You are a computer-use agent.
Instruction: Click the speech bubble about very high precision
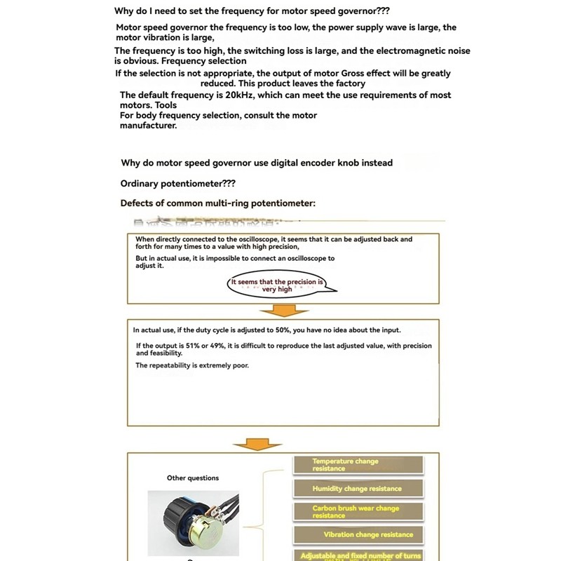point(280,285)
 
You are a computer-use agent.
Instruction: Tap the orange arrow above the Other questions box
point(258,444)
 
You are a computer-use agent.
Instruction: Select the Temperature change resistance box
point(358,465)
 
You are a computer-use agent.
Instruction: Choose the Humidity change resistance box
point(358,489)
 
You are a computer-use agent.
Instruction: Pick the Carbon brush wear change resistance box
point(358,512)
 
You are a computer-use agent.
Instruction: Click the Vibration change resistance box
point(358,535)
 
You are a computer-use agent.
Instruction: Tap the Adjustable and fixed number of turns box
point(358,555)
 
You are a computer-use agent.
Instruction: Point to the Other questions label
point(193,478)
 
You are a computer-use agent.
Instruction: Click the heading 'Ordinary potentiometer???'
point(178,183)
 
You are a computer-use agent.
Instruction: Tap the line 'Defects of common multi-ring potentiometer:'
point(218,203)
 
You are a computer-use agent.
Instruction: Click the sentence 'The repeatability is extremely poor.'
point(192,365)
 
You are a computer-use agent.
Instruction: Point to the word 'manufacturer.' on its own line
point(149,126)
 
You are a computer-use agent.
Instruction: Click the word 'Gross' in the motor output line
point(356,74)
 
